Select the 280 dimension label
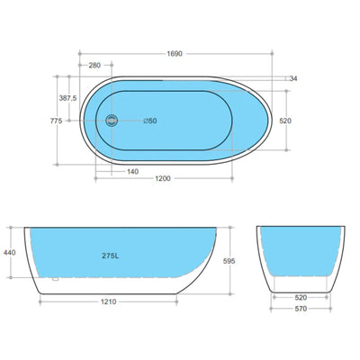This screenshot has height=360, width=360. (94, 66)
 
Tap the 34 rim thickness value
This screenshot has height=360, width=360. (293, 78)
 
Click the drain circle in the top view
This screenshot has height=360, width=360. (112, 120)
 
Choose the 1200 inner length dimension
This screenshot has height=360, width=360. (163, 179)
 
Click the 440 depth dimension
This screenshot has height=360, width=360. (11, 255)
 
